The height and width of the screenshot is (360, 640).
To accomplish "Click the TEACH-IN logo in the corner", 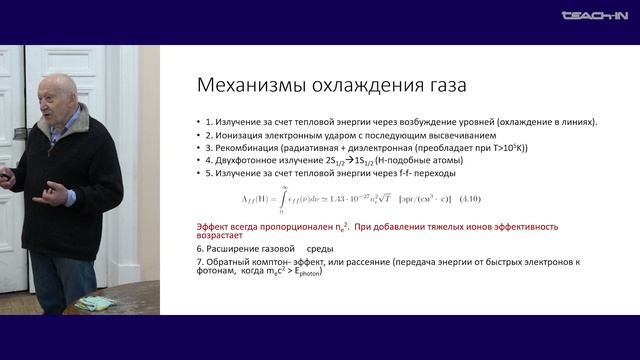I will pos(594,15).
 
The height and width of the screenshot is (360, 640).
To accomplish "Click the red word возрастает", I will pos(222,239).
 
